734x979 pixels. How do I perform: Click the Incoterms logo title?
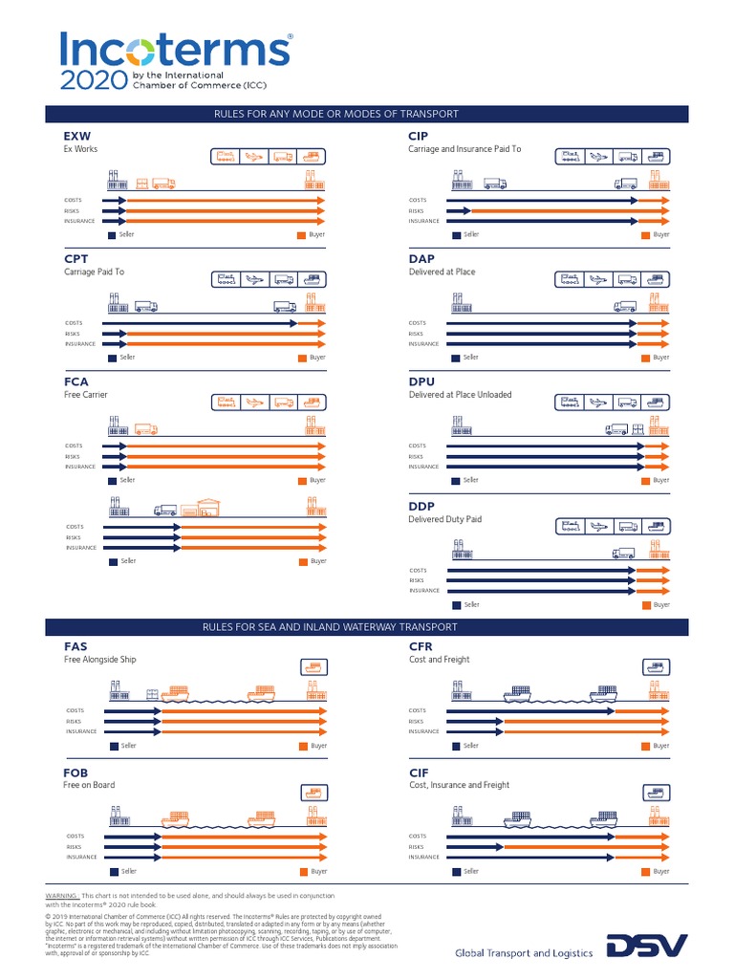[176, 49]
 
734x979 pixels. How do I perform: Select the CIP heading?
[419, 137]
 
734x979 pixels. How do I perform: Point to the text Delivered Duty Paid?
[445, 519]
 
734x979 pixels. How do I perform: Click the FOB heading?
[76, 772]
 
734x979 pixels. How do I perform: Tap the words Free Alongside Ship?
[100, 660]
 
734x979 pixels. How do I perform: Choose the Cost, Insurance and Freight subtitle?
[459, 785]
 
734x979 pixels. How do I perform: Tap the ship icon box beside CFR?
[656, 667]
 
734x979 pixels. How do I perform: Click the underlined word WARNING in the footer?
[61, 894]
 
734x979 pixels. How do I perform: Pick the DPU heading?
[421, 381]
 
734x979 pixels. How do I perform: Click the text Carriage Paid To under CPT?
[94, 272]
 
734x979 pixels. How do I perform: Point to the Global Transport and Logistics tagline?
[523, 952]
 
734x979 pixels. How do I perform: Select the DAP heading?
[421, 258]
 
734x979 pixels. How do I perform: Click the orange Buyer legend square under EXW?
[302, 234]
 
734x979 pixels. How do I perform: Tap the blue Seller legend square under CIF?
[457, 872]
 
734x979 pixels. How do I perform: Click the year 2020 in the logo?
[87, 80]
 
